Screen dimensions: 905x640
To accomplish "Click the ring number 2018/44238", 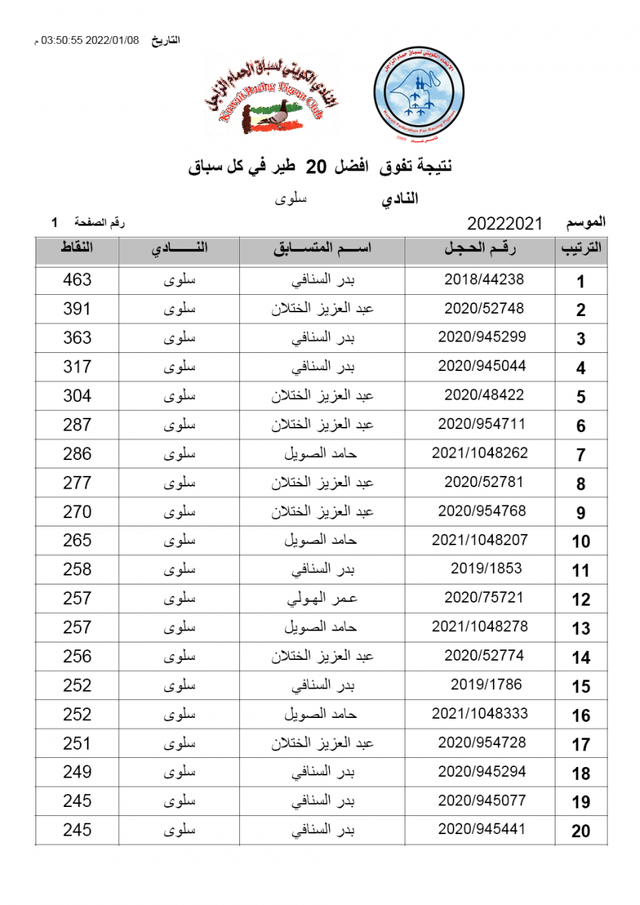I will pos(484,280).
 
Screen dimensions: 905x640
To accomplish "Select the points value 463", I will pos(77,280).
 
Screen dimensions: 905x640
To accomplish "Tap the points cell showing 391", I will pos(77,308).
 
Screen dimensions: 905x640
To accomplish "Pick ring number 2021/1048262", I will pos(480,453).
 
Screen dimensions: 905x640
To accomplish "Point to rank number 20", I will pos(580,831).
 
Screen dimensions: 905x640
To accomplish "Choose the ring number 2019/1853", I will pos(486,569).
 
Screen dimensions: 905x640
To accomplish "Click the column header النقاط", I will pos(77,249).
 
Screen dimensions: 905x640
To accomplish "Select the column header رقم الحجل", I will pos(483,249).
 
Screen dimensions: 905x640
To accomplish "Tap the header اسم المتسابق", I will pos(322,249).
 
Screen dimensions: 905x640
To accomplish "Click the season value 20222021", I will pos(505,223).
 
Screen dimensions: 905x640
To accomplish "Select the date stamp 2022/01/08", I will pos(113,40).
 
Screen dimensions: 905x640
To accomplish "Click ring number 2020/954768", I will pos(482,511).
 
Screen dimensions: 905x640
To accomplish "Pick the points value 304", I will pos(77,395).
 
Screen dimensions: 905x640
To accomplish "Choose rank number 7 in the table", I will pos(580,455).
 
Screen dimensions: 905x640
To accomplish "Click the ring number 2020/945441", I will pos(482,830).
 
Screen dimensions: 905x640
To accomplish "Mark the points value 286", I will pos(77,453).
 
